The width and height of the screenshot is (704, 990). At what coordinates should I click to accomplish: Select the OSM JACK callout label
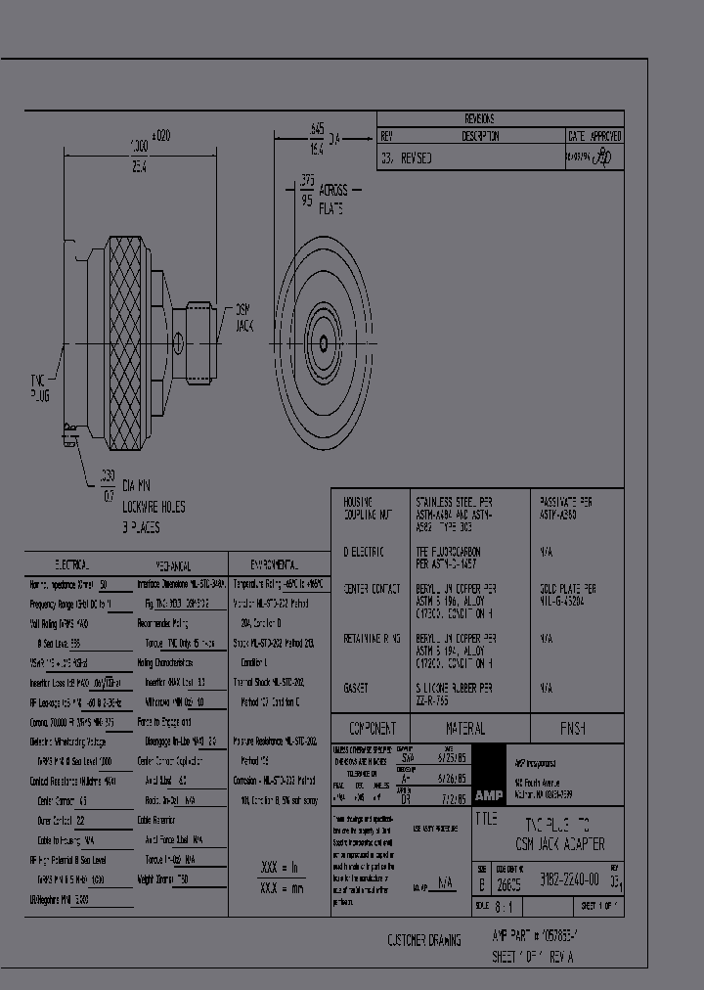242,317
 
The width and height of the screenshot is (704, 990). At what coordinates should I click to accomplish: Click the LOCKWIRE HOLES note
154,507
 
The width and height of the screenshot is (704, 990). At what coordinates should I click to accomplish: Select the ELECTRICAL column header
73,565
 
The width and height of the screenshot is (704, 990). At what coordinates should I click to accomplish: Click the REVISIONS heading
500,118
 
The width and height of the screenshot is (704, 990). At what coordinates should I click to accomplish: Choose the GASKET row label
357,689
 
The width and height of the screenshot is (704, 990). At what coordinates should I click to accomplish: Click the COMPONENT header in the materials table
371,729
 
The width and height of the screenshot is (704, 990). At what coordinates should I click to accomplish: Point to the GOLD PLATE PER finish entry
567,589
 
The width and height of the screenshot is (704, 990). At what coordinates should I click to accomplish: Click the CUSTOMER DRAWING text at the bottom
423,940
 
